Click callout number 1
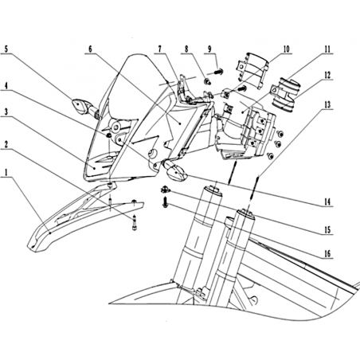coord(6,174)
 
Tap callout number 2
coord(6,145)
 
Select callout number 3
coord(6,112)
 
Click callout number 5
coord(6,49)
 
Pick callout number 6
coord(90,49)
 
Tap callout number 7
coord(159,49)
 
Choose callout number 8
coord(186,49)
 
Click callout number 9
coord(209,49)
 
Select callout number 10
coord(286,49)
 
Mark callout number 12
coord(327,75)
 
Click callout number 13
coord(327,104)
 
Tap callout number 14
coord(327,202)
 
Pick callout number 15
coord(327,229)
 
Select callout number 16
coord(327,253)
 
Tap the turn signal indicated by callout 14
coord(174,171)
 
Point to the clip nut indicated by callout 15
coord(165,190)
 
